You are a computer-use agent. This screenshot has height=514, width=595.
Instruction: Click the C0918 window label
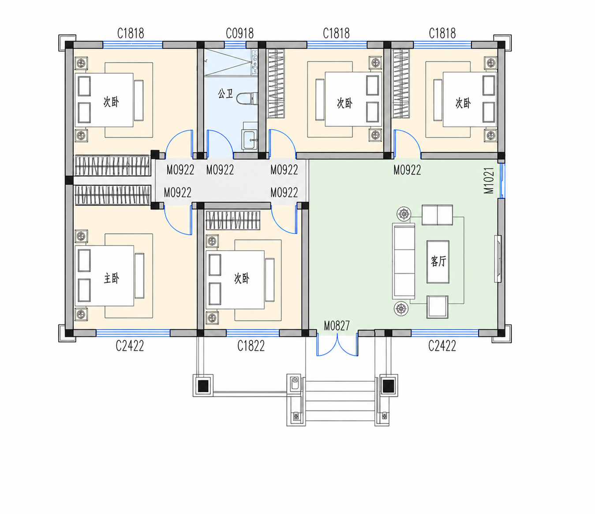(x=239, y=34)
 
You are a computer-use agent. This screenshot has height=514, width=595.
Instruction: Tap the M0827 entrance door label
(x=337, y=326)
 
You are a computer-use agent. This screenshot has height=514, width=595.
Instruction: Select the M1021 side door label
(x=489, y=180)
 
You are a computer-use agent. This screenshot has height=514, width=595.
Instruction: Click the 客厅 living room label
(x=438, y=261)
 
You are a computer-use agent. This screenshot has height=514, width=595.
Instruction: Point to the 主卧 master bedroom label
(x=112, y=278)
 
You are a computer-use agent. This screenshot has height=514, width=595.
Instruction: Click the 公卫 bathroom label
(x=225, y=94)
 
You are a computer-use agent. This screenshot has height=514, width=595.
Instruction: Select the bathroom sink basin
(x=249, y=140)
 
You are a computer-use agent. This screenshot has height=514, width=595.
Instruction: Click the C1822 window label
(x=251, y=346)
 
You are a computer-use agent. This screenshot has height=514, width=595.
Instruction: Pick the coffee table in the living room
(x=438, y=262)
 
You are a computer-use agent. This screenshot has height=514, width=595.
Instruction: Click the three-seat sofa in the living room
(x=403, y=261)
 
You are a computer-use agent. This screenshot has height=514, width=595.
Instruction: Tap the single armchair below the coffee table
(x=437, y=307)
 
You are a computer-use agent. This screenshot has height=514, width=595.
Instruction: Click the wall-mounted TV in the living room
(x=498, y=259)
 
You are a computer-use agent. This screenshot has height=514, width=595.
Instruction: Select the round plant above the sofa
(x=404, y=214)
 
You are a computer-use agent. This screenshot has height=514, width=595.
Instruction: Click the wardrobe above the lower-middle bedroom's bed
(x=233, y=220)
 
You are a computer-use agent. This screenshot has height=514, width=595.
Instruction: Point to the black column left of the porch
(x=203, y=385)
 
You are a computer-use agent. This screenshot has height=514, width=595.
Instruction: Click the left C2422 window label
(x=130, y=346)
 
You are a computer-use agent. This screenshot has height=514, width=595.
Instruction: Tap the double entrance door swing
(x=337, y=344)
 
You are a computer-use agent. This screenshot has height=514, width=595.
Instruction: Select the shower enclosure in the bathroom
(x=231, y=62)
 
